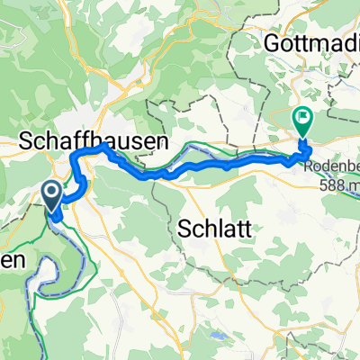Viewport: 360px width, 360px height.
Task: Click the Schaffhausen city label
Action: tap(94, 139)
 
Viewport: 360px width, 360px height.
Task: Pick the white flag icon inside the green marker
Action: tap(302, 116)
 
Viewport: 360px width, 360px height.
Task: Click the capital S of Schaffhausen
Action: tap(26, 139)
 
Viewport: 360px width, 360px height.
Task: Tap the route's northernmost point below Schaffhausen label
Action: tap(103, 146)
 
